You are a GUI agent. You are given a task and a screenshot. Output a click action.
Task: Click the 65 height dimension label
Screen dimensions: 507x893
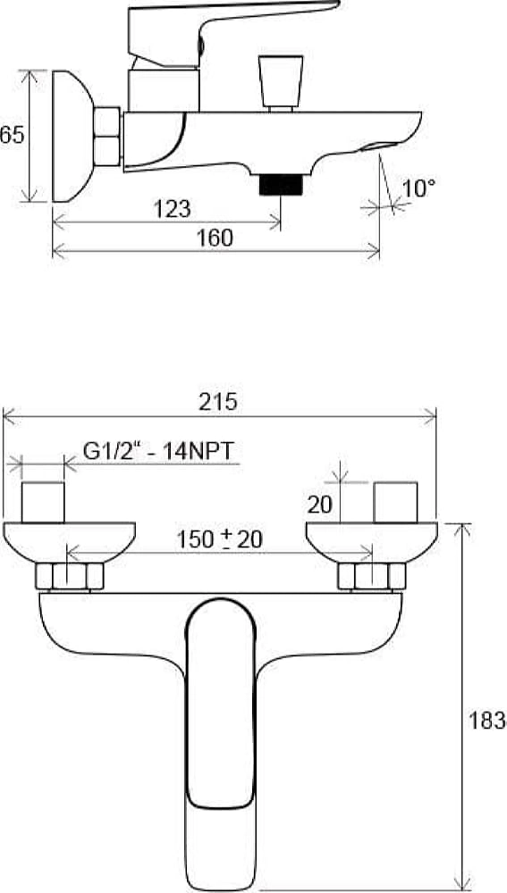[x=12, y=135]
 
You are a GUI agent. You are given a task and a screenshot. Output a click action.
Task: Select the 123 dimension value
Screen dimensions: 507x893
[x=172, y=209]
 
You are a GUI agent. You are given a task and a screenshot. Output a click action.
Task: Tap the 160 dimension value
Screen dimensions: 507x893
[x=215, y=238]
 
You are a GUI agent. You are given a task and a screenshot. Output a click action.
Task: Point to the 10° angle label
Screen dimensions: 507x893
[x=418, y=188]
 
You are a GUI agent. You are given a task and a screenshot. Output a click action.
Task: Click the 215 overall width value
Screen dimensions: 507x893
[x=218, y=402]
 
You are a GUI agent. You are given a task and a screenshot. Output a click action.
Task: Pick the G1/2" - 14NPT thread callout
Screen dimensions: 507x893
[x=158, y=451]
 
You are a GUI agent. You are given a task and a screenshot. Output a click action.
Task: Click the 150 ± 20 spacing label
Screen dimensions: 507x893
[x=219, y=538]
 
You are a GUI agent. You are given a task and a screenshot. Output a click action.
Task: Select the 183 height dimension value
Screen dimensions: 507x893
[x=488, y=721]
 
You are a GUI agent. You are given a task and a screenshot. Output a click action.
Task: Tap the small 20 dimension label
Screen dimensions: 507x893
[x=319, y=505]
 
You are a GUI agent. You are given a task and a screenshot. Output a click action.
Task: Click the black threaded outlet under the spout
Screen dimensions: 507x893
[x=280, y=185]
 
